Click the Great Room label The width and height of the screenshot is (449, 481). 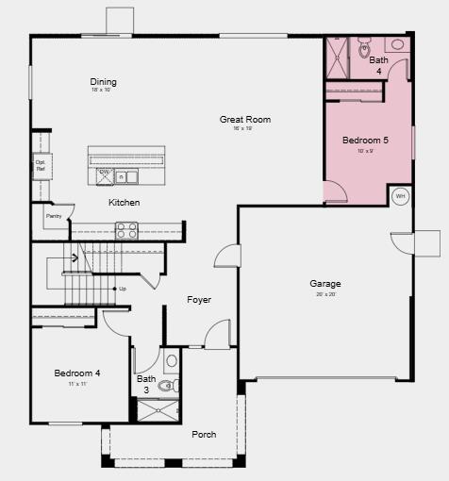pos(245,120)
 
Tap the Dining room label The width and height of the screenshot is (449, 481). pos(104,82)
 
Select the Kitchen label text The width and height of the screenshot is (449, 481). pos(124,203)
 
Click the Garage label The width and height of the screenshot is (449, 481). pos(325,284)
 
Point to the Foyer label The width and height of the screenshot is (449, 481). pos(199,300)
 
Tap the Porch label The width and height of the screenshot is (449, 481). pos(204,435)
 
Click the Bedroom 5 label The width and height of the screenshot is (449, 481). pos(365,141)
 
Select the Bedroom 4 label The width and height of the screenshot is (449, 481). pos(77,373)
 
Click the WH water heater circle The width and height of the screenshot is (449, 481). pos(400,197)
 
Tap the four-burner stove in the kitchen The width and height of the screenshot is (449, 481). pos(126,230)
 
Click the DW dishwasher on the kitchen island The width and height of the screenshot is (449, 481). pos(105,174)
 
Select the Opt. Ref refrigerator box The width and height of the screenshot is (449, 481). pos(42,166)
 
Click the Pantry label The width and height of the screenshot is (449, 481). pos(53,216)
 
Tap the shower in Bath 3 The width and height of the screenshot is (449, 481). pos(157,409)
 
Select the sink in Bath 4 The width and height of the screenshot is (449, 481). pos(397,44)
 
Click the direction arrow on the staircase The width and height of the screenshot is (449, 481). pos(74,257)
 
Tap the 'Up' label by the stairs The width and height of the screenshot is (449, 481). pos(122,289)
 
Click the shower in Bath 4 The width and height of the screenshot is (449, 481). pos(336,58)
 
